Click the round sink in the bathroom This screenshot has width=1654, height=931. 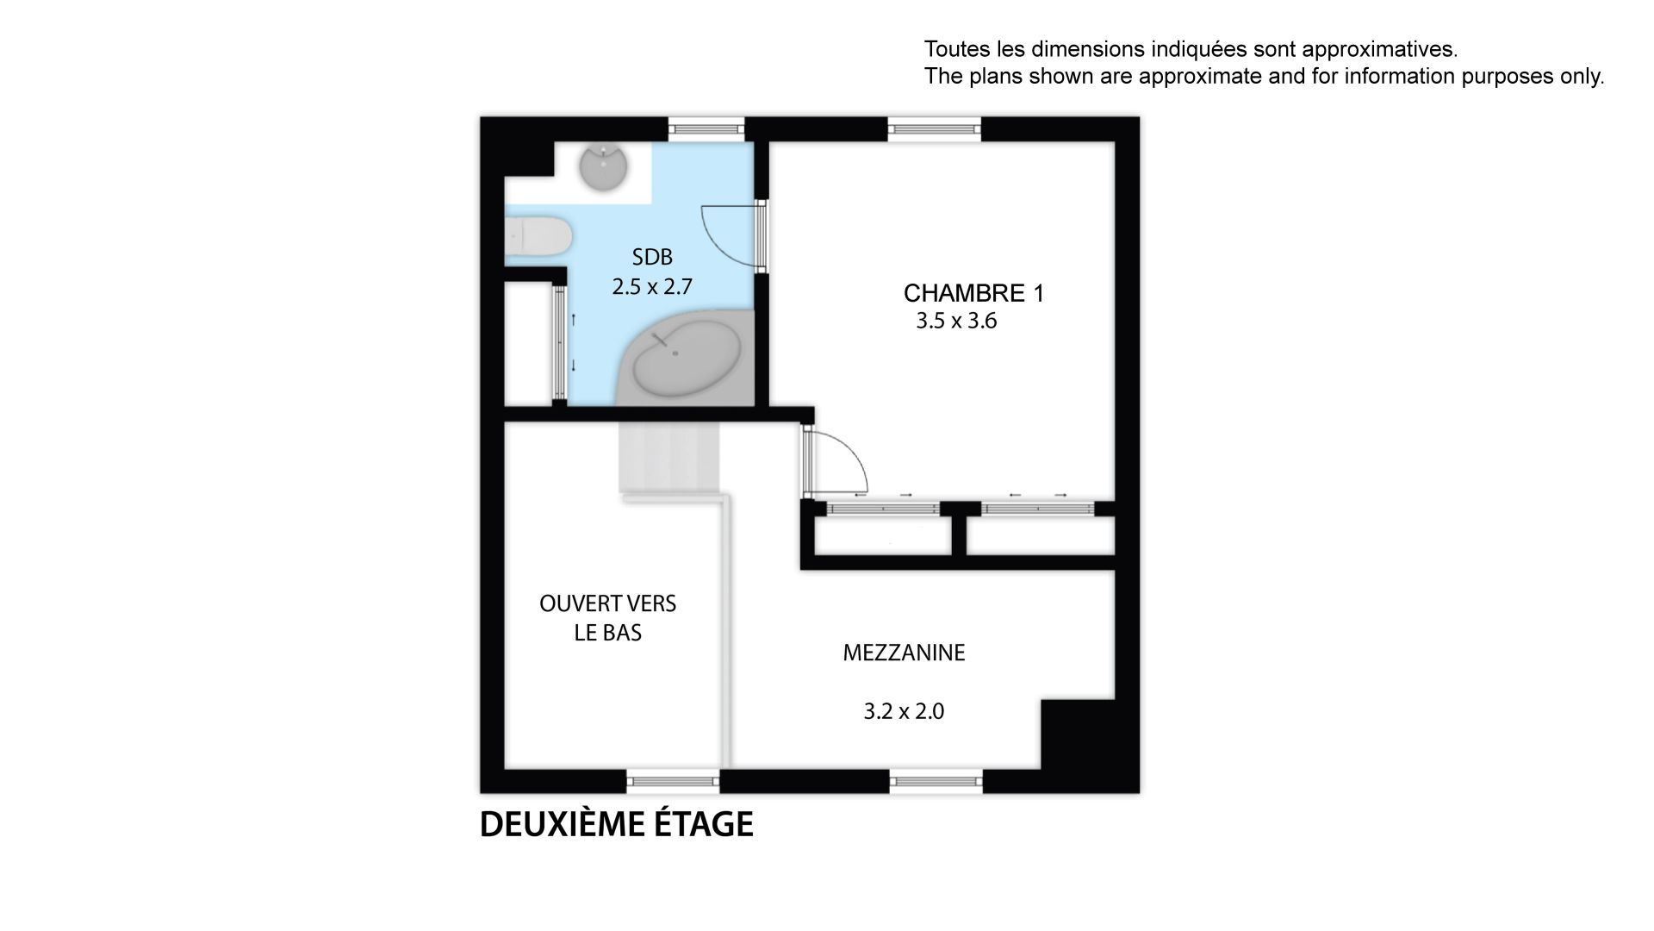coord(604,168)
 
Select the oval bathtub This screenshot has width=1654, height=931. coord(687,359)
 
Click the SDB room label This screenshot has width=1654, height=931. coord(652,257)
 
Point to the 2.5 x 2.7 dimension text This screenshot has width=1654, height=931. coord(652,286)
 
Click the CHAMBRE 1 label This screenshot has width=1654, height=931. coord(973,294)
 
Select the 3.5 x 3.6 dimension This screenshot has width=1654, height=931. coord(956,322)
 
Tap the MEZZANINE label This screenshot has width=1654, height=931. coord(904,653)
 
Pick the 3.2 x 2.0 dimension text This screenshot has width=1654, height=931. coord(904,712)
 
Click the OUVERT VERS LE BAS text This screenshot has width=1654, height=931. coord(608,618)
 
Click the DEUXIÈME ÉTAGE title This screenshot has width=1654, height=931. coord(616,824)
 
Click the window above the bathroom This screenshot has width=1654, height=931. coord(706,129)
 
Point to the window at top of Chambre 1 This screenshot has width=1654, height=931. coord(935,129)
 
